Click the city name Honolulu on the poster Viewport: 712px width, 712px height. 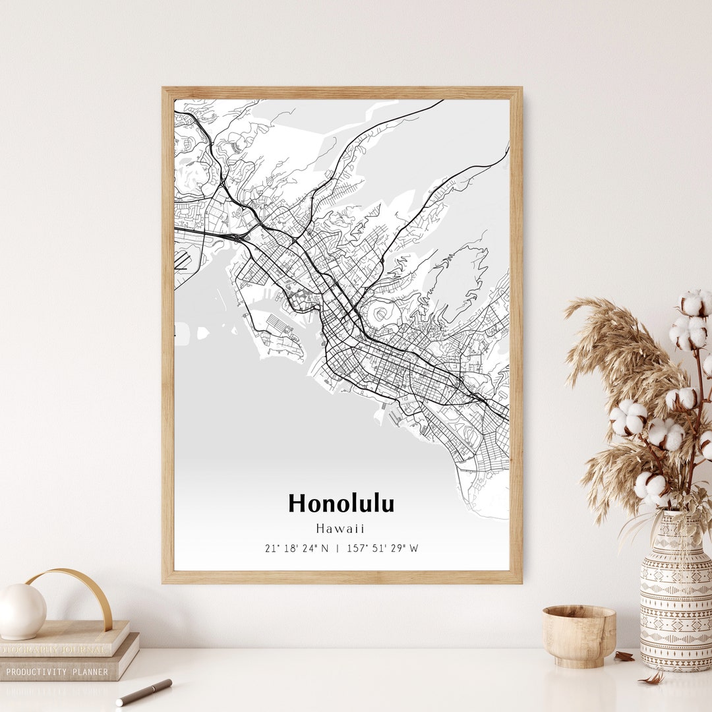(x=341, y=504)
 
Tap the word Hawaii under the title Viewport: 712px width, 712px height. (x=340, y=529)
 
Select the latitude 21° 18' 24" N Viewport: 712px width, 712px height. (x=297, y=549)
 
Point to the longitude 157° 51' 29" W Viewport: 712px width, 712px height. (x=382, y=549)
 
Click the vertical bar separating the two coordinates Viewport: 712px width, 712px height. (x=338, y=549)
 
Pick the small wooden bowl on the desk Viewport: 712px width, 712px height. (x=579, y=636)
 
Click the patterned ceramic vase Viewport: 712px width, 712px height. (x=676, y=597)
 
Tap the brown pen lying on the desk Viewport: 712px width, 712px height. (x=144, y=692)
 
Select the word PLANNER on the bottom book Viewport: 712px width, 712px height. (x=91, y=672)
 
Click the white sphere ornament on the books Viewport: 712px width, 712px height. (x=22, y=611)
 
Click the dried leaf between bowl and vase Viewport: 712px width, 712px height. (x=624, y=656)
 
